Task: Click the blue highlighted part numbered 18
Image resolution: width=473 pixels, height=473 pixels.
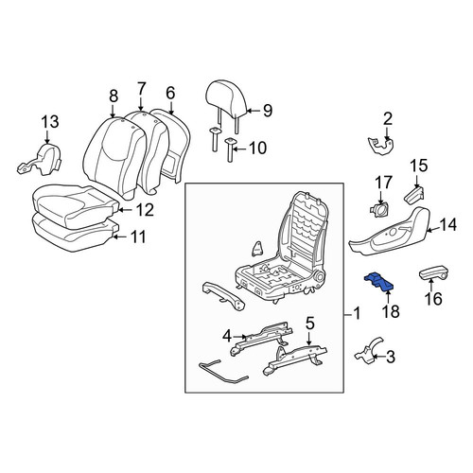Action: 379,281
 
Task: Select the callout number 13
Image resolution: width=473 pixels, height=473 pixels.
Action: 50,122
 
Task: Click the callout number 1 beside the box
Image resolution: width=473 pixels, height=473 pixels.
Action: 357,314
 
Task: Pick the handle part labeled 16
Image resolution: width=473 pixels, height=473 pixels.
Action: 434,272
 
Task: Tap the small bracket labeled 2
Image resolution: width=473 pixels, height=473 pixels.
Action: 380,146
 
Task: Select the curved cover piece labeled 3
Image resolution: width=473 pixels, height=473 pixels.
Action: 368,352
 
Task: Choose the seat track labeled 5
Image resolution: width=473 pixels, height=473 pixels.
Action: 296,359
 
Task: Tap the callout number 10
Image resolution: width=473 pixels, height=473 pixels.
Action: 258,148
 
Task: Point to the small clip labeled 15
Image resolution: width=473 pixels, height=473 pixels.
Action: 413,193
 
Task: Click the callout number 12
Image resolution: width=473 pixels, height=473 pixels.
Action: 145,209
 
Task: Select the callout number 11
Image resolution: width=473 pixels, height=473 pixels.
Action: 138,237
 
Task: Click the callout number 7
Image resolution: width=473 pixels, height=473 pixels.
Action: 141,89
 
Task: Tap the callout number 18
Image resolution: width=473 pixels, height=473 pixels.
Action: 391,311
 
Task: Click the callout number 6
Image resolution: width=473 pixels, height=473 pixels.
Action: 170,93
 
